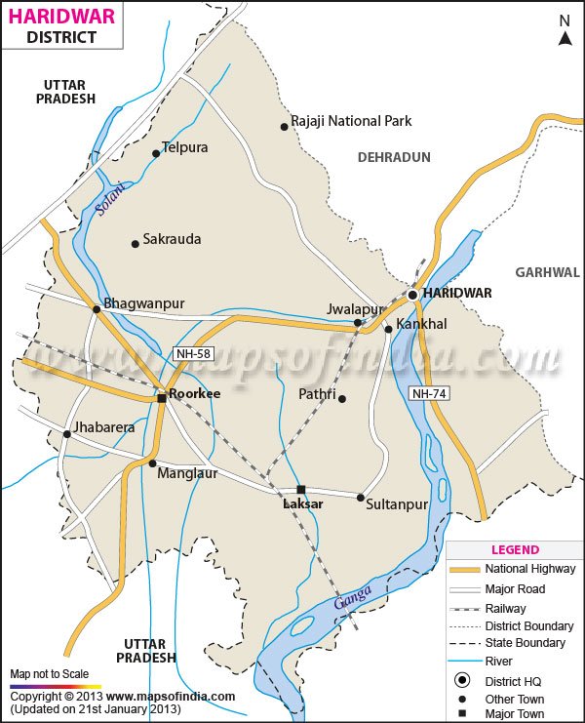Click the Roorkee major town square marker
pos(162,398)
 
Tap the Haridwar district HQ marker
pos(412,294)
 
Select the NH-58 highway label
pos(192,353)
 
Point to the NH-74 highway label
pos(429,392)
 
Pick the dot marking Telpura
pos(156,153)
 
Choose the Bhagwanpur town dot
pos(97,309)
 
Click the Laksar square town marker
pos(301,490)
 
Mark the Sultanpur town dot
pos(360,498)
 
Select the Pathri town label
pos(317,395)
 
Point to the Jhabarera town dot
pos(66,434)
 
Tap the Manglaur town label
pos(188,473)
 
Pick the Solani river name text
pos(112,199)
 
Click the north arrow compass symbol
pos(565,32)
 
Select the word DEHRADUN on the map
pos(394,156)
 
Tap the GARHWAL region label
pos(547,272)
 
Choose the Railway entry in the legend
pos(505,609)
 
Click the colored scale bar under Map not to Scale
pos(55,686)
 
